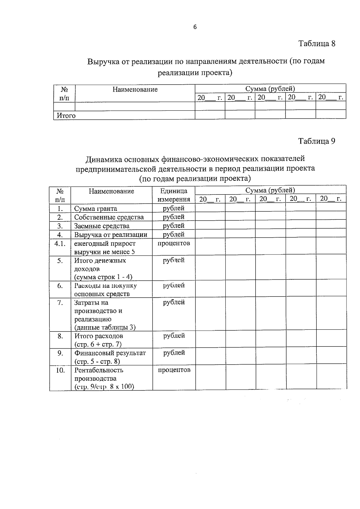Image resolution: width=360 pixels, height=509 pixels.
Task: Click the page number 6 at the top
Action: point(195,27)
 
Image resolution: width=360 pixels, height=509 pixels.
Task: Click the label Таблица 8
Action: point(316,44)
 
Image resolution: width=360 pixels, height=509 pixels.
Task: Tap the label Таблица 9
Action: point(316,141)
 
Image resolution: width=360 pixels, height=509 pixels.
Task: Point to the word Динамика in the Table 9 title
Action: point(104,159)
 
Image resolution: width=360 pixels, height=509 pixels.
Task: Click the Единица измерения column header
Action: point(174,195)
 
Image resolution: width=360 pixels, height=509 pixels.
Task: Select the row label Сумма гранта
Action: point(96,209)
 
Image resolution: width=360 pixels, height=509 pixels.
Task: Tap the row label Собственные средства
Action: point(109,217)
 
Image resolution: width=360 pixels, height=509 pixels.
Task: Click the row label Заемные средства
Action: point(102,226)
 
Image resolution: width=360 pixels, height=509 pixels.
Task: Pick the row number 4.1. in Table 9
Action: point(60,243)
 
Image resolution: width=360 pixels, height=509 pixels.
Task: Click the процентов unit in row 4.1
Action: point(174,243)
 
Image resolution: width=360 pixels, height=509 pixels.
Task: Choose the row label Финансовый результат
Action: point(110,353)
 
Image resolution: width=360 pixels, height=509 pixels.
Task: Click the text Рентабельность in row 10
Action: point(99,370)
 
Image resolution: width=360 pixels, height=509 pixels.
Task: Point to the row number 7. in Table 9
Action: point(60,303)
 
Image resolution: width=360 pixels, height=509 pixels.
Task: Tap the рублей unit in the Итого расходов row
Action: point(174,336)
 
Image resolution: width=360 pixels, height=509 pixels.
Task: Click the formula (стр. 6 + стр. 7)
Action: point(98,344)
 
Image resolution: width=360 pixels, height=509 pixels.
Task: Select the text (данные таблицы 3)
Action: point(105,327)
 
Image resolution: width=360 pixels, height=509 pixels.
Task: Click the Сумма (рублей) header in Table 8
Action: point(270,89)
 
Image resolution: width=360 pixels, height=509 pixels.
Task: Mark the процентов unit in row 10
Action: point(174,370)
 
